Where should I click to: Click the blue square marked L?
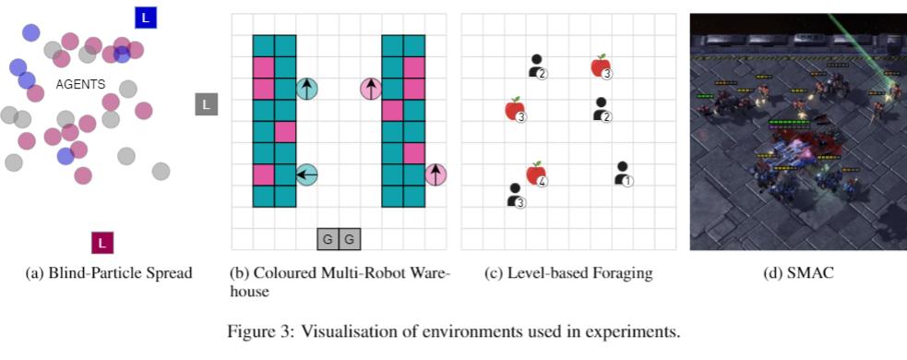[x=146, y=17]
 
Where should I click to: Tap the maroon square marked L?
[x=102, y=244]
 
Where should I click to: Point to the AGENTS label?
[x=80, y=85]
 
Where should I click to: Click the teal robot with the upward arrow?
[x=306, y=89]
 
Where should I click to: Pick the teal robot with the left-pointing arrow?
[x=306, y=174]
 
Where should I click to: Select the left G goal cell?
[x=328, y=239]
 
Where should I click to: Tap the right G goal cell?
[x=350, y=239]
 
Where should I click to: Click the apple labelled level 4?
[x=536, y=174]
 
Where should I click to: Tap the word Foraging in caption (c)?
[x=626, y=274]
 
